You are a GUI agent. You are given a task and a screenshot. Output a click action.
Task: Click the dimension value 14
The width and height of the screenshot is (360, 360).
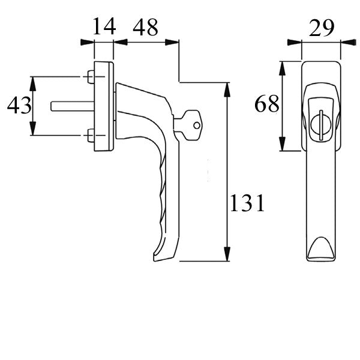click(103, 27)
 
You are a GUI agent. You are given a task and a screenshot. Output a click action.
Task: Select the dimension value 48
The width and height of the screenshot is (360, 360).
click(146, 27)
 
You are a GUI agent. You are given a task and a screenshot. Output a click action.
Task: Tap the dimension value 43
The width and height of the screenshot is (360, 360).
click(19, 107)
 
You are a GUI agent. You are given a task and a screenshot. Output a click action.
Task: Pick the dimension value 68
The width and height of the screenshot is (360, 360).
click(266, 104)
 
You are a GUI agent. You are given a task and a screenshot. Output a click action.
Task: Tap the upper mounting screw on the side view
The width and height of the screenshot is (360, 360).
click(89, 77)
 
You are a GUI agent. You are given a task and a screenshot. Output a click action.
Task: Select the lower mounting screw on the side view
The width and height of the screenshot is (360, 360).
click(89, 134)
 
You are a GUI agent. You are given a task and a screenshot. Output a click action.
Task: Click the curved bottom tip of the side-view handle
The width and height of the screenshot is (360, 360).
click(158, 255)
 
